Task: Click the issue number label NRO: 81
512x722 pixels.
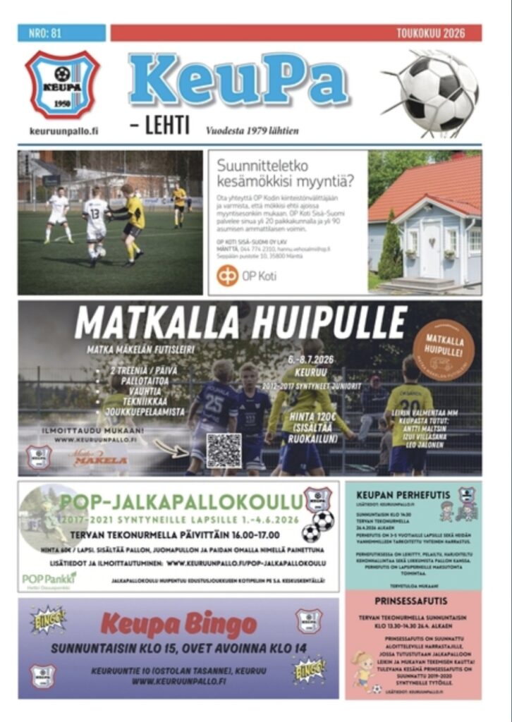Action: [x=45, y=32]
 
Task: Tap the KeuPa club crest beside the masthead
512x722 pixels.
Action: [x=62, y=84]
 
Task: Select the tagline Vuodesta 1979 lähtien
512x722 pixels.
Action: [x=252, y=130]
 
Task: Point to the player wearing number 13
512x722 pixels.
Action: [x=96, y=219]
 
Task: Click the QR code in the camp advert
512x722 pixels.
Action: [x=224, y=451]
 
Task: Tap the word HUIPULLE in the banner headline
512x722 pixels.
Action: [x=330, y=323]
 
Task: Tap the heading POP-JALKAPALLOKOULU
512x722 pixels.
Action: [x=181, y=501]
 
